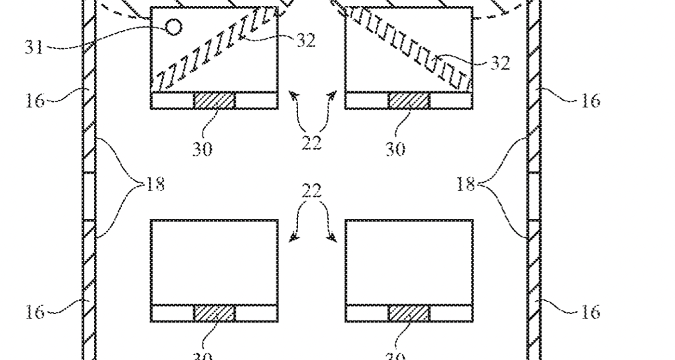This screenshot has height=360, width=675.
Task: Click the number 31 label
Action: (x=33, y=46)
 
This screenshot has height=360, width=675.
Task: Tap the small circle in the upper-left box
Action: (x=174, y=26)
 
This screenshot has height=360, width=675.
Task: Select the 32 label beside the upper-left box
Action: (x=305, y=40)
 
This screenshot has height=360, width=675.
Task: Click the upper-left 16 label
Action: (x=35, y=101)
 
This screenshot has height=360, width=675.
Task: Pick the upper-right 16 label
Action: (x=589, y=101)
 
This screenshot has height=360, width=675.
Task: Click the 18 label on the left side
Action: (x=155, y=184)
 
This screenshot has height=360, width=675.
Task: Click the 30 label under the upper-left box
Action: (x=202, y=150)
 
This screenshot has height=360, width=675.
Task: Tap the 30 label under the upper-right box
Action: (x=395, y=150)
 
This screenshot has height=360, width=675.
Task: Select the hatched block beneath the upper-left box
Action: (x=214, y=101)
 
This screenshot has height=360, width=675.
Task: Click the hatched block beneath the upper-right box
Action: (x=409, y=101)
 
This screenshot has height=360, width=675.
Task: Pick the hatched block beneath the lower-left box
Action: (x=214, y=313)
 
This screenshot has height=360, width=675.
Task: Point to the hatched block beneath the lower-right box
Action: (x=409, y=313)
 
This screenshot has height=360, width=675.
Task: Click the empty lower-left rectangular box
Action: (x=214, y=262)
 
